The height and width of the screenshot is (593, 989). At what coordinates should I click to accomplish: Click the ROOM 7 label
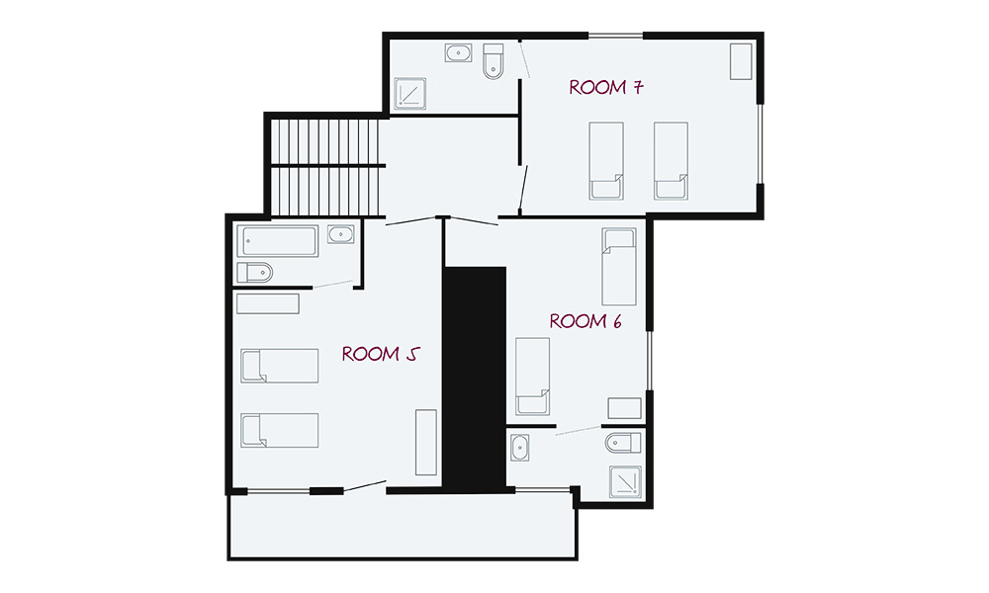606,87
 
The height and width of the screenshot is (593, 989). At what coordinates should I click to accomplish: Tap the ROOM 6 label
585,321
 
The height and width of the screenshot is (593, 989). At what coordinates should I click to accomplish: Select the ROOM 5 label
381,354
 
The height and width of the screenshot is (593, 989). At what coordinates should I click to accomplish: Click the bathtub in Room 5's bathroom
278,241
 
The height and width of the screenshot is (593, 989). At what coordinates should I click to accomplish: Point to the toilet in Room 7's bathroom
494,61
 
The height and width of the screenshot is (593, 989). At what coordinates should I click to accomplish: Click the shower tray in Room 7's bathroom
410,94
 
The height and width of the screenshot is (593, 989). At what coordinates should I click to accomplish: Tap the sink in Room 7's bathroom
459,53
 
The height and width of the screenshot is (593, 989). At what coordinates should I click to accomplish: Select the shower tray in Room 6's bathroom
625,482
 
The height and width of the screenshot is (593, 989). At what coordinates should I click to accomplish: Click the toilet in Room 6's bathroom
623,443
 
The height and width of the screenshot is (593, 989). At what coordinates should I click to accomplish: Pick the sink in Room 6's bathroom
520,448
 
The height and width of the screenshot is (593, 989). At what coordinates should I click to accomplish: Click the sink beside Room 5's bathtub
340,234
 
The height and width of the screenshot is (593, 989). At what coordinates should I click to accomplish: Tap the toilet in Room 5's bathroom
255,273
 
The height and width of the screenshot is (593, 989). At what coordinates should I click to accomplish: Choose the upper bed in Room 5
280,366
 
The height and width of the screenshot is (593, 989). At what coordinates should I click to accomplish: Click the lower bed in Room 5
280,430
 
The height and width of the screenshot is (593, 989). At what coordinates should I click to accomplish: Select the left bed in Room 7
606,161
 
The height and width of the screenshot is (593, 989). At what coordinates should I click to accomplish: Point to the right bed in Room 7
671,161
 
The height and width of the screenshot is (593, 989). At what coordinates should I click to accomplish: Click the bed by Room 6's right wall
619,267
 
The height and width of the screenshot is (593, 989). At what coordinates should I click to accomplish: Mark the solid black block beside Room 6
475,379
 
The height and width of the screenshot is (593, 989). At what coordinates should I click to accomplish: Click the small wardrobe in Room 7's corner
741,61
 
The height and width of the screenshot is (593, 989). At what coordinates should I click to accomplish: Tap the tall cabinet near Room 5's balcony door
425,443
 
